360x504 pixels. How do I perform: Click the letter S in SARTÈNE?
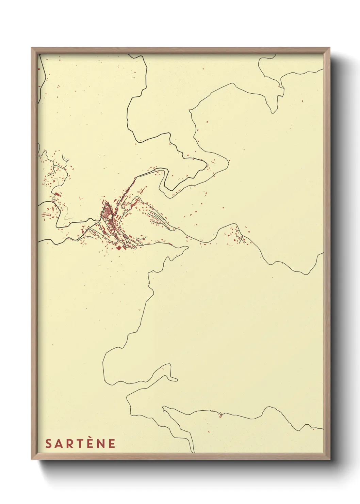[48, 444]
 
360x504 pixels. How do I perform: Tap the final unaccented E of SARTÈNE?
[112, 444]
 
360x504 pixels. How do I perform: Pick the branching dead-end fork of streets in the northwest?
[66, 159]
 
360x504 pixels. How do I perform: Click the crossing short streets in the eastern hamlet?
[241, 238]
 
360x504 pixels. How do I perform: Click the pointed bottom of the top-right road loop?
[273, 112]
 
